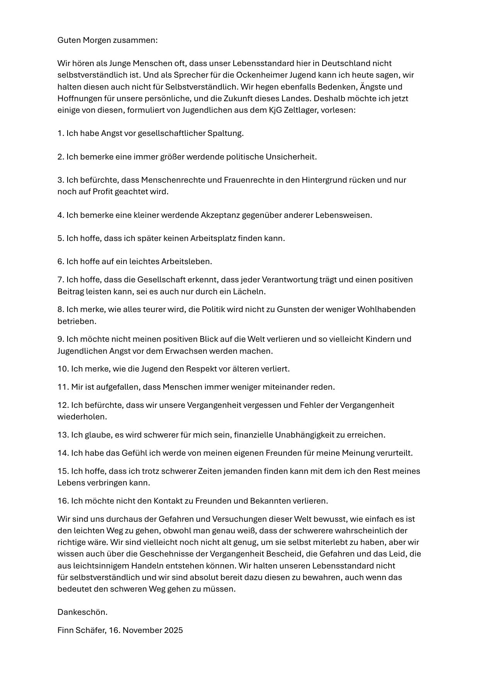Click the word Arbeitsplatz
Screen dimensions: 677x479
213,238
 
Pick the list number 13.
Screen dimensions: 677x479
63,435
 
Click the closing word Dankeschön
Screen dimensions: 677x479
82,612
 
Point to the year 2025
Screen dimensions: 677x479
173,630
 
